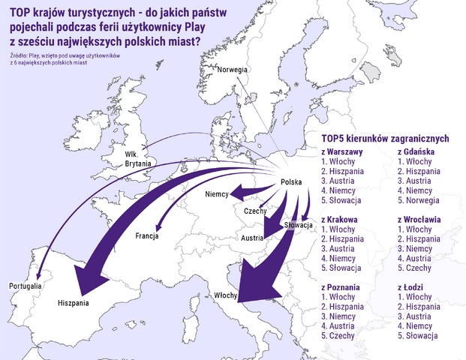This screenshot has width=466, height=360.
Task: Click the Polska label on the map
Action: [x=291, y=182]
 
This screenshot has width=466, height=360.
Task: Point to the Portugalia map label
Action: [x=25, y=286]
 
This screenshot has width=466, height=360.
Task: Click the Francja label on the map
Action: [x=147, y=236]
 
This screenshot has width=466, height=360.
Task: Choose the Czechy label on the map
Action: [x=256, y=211]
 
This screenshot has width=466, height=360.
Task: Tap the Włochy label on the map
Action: [x=226, y=295]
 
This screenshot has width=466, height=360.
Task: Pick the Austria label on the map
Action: [x=252, y=238]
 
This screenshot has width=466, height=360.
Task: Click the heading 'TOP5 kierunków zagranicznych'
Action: [x=384, y=138]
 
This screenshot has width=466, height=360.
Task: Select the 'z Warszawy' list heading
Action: [x=342, y=151]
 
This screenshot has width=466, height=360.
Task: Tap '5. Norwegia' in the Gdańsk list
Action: [x=423, y=200]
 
